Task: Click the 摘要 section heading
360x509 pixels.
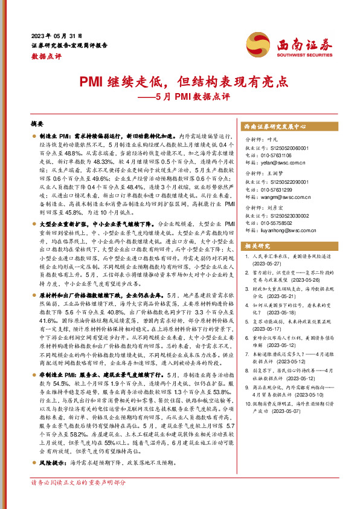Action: pyautogui.click(x=37, y=123)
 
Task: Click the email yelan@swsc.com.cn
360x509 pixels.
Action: pyautogui.click(x=280, y=163)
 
